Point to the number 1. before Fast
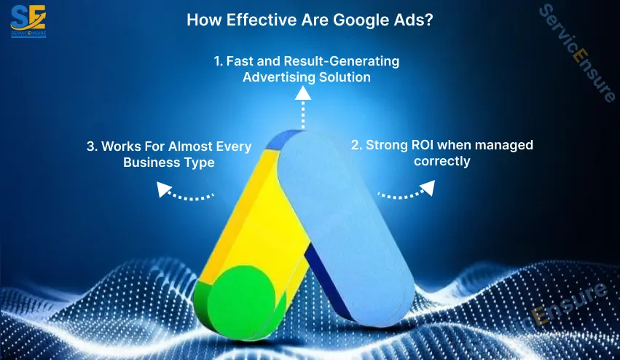(219, 61)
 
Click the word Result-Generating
(342, 61)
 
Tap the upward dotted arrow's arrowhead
(302, 93)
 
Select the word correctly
(442, 160)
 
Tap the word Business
(149, 162)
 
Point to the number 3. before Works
(92, 146)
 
